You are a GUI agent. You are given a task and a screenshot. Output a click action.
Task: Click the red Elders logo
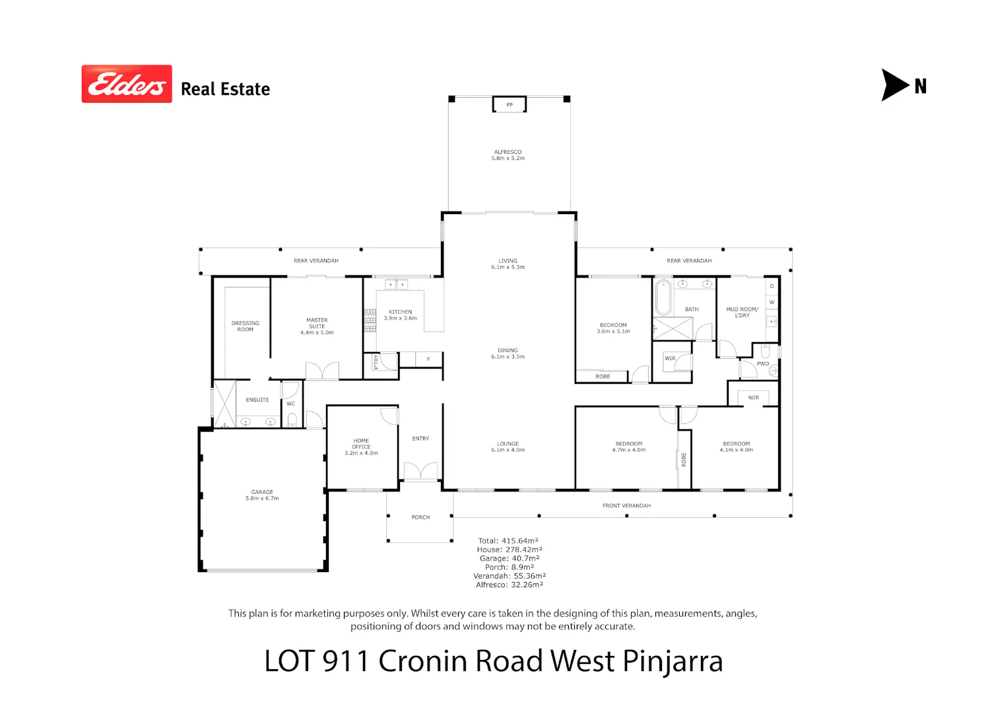click(127, 84)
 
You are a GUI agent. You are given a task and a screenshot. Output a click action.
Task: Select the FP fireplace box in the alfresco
click(510, 104)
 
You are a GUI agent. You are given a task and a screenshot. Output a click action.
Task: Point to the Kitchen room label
click(401, 315)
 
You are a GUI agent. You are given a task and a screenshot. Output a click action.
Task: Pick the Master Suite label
click(317, 326)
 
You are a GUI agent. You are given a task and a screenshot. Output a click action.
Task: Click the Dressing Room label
click(246, 326)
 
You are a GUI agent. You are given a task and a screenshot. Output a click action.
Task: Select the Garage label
click(262, 495)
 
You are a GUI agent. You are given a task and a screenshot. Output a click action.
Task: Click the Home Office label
click(361, 447)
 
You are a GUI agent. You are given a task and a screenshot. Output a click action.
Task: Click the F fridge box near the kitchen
click(428, 359)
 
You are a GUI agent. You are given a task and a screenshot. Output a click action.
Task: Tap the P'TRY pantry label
click(376, 362)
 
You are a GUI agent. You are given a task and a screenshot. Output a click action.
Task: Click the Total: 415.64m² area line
click(508, 541)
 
